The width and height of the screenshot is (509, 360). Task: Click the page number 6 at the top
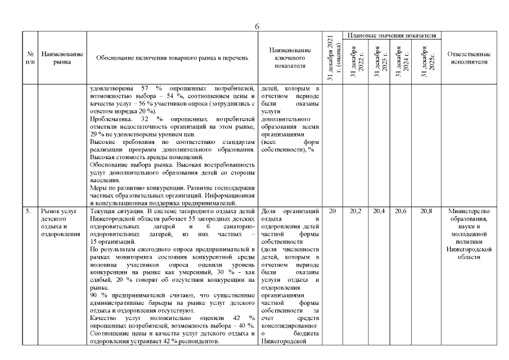click(256, 26)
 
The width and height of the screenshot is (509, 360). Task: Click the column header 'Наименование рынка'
click(62, 58)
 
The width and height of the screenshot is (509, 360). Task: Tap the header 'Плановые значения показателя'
click(392, 35)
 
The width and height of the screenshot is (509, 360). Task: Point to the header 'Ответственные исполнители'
click(469, 58)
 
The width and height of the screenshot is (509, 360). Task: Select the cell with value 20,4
click(377, 211)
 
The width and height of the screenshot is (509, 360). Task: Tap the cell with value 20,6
click(400, 211)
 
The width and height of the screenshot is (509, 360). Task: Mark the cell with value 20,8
click(425, 211)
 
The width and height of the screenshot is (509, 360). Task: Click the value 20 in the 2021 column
click(332, 211)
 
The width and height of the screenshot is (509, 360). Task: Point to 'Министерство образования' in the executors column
click(469, 215)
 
